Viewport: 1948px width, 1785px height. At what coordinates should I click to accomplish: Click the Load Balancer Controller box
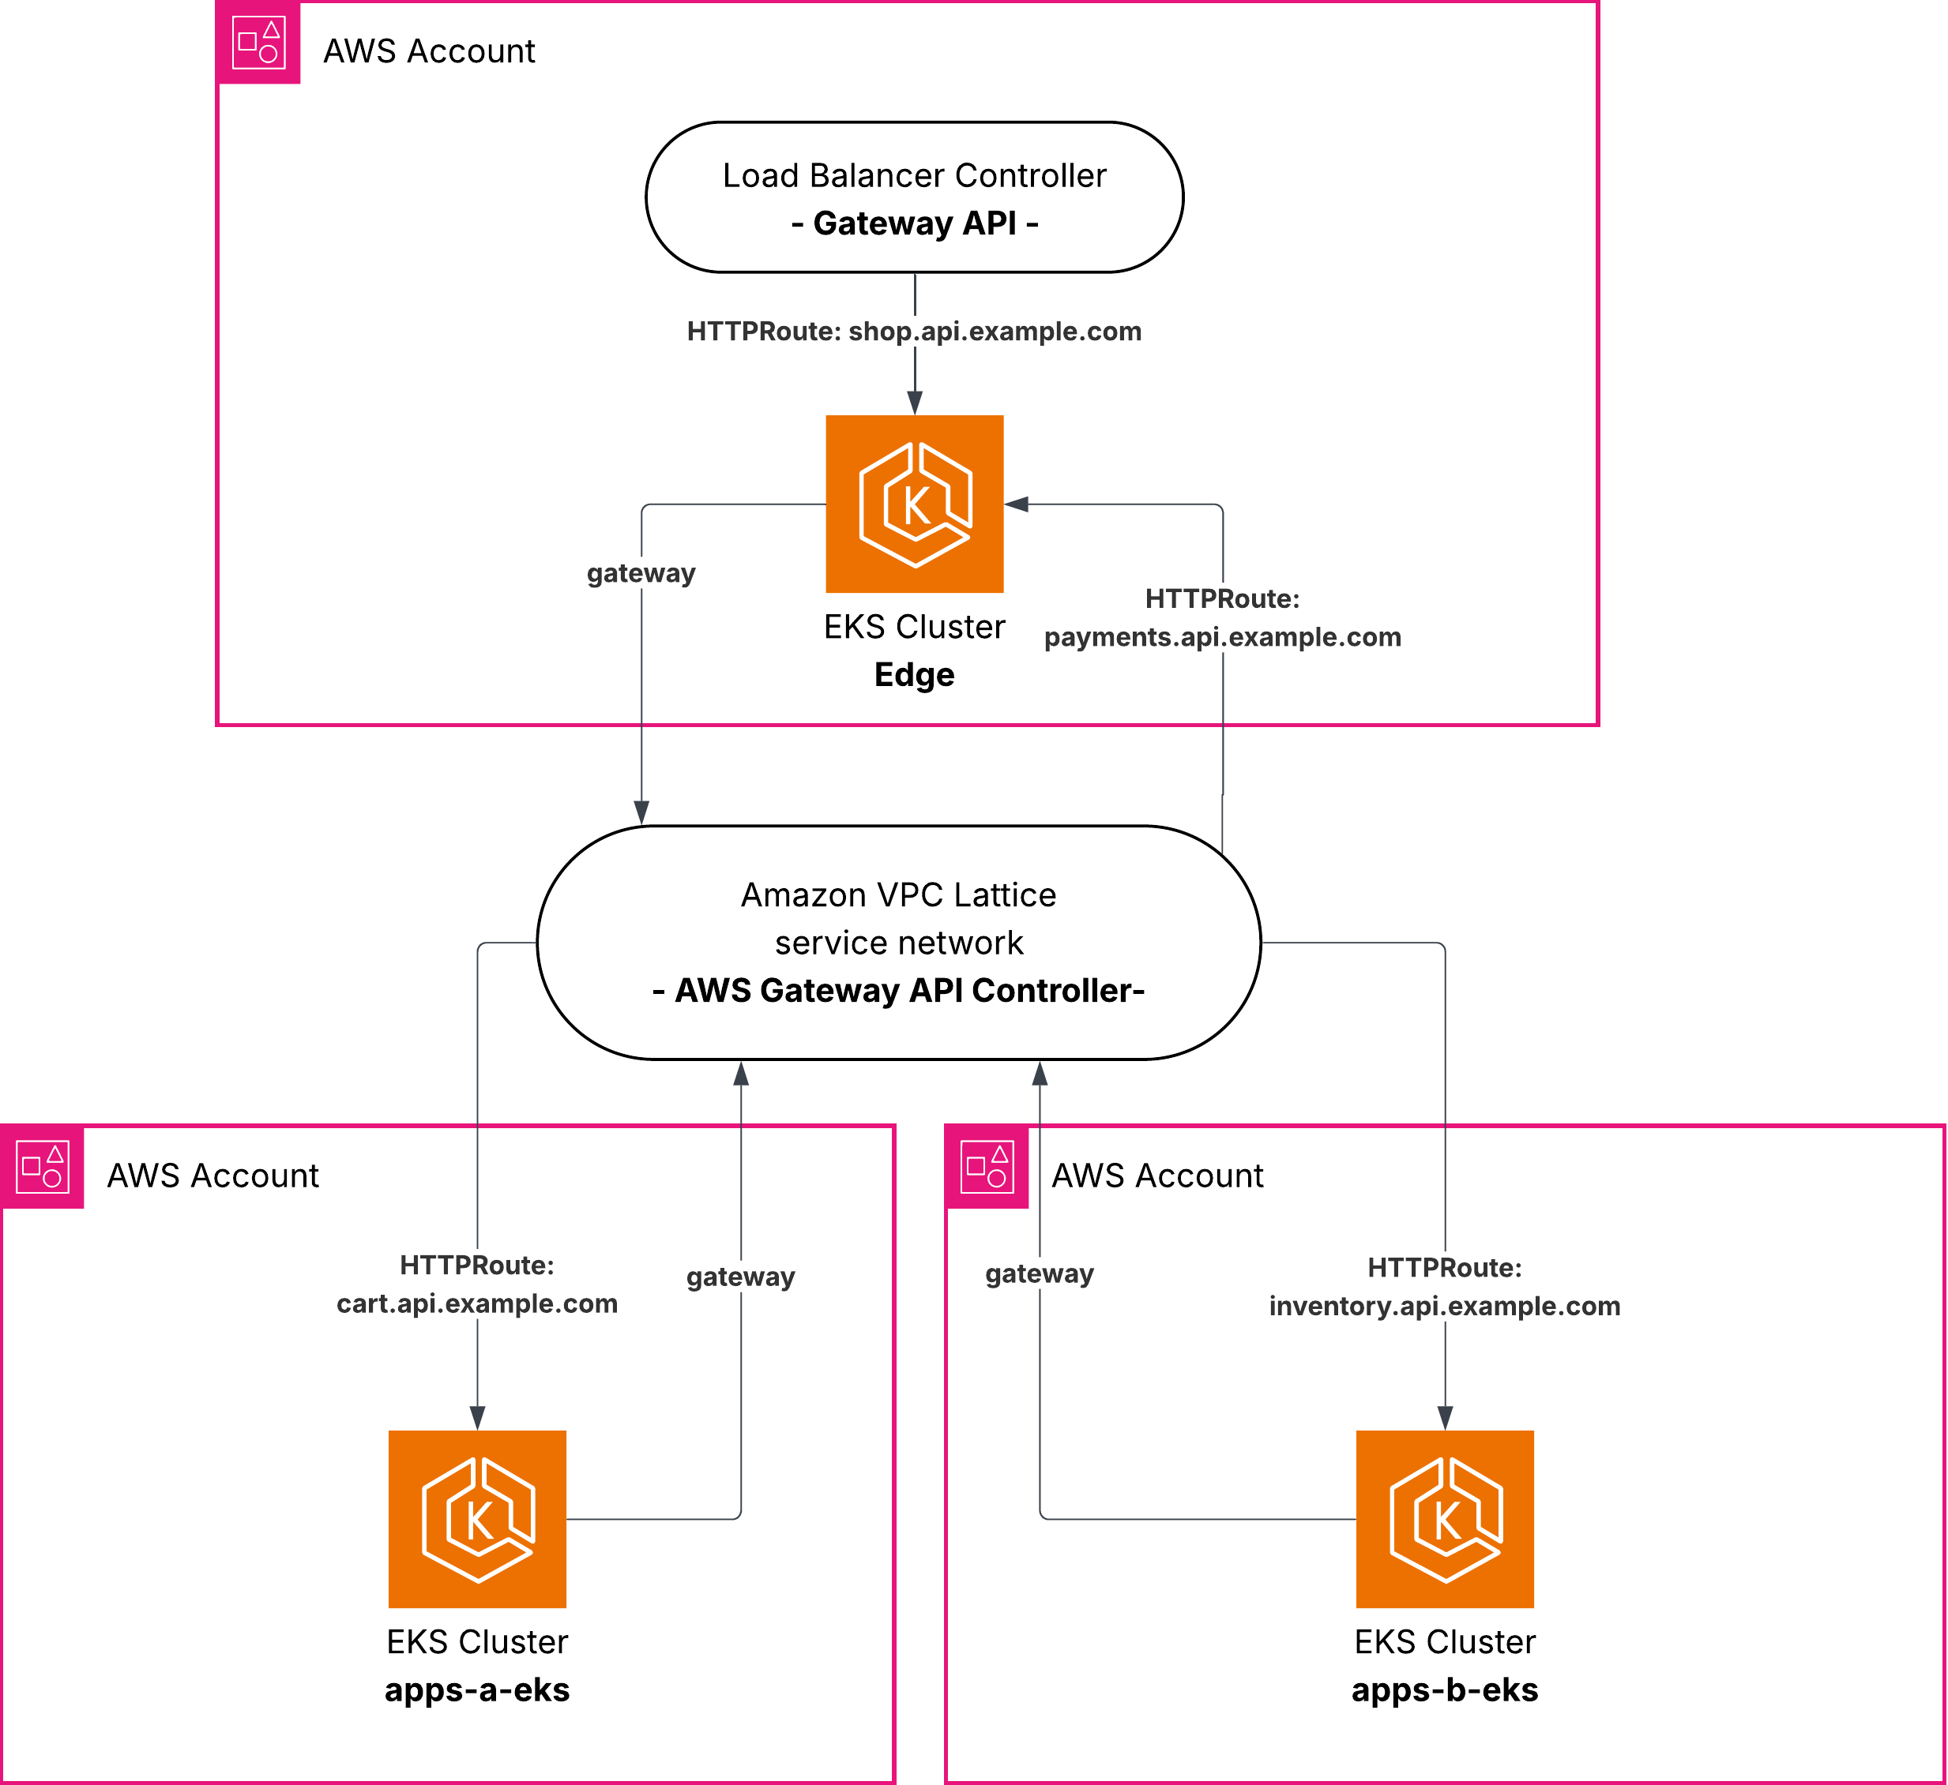point(914,197)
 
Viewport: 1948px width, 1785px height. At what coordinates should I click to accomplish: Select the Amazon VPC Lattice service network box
point(899,942)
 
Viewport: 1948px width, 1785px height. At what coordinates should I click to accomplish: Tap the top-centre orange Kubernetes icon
point(914,504)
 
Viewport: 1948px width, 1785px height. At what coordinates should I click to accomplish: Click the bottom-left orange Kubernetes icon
point(477,1520)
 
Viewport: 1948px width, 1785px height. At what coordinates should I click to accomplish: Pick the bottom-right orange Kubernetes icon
point(1445,1520)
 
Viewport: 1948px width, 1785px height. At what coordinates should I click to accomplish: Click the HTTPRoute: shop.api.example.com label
point(914,332)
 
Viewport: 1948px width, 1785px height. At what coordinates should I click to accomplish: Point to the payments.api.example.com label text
point(1222,638)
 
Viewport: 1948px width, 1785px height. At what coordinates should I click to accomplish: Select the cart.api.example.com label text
point(477,1304)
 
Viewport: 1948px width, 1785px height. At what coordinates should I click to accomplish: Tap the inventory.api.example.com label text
point(1445,1306)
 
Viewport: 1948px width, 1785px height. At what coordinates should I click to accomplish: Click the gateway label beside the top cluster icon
point(641,574)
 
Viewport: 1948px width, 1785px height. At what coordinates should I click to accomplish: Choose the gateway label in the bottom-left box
point(741,1277)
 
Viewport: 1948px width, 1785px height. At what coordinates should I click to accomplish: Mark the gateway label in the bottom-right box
point(1040,1274)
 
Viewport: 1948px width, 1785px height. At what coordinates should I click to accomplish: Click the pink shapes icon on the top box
point(259,43)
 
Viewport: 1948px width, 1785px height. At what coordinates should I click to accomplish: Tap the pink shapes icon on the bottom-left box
point(43,1167)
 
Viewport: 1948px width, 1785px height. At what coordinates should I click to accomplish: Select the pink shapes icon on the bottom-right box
point(987,1167)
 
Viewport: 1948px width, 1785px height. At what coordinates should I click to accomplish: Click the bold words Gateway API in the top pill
point(914,223)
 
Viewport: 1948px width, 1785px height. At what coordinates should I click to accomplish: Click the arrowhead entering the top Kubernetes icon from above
point(915,403)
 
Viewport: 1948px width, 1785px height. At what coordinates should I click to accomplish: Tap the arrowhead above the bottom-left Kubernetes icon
point(477,1418)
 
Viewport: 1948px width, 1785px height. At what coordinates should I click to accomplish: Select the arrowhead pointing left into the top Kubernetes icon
point(1017,504)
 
